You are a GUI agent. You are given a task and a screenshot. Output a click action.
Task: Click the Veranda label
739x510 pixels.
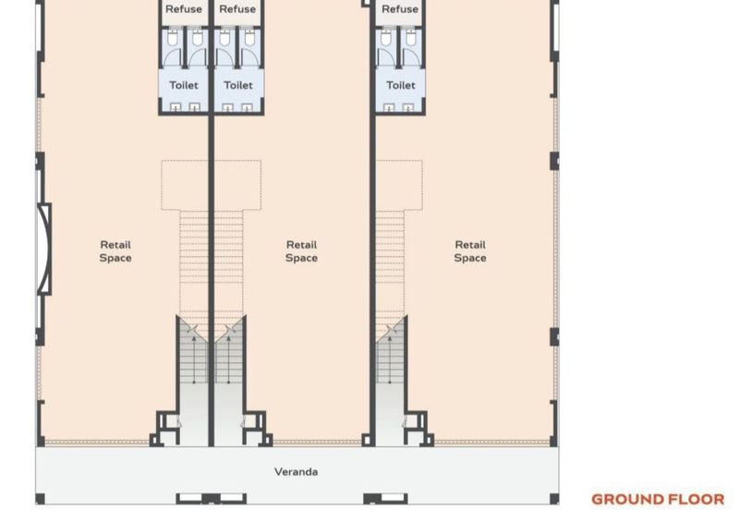296,472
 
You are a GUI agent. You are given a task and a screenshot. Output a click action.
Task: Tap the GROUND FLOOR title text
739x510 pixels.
658,499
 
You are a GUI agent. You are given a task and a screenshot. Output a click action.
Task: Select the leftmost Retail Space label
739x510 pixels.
115,251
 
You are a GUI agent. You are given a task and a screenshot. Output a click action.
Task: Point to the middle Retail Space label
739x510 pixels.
302,251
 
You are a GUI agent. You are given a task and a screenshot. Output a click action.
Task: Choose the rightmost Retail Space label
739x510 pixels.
470,251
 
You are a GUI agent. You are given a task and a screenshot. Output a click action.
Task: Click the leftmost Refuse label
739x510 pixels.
184,9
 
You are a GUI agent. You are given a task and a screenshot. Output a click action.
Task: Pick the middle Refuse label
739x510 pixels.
237,9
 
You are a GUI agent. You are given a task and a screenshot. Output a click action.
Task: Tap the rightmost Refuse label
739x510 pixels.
400,9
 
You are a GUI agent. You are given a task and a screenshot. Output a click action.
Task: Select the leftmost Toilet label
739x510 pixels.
184,85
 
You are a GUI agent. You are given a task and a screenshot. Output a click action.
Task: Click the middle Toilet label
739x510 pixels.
238,85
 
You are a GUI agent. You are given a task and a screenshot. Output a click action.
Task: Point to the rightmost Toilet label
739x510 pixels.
401,85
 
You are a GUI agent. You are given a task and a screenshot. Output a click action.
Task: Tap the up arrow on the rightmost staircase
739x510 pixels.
390,359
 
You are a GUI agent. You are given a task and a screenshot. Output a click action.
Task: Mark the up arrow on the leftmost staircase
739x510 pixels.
194,359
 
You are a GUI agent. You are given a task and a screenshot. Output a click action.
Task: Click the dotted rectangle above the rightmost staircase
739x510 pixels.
399,185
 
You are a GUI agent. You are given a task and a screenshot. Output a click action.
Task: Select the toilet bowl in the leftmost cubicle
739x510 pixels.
172,38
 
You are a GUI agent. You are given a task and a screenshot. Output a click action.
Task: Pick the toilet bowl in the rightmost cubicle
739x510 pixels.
411,38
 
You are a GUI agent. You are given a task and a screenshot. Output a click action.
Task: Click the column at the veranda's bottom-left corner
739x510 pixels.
41,499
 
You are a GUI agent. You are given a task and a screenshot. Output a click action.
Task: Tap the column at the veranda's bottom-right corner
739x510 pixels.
554,499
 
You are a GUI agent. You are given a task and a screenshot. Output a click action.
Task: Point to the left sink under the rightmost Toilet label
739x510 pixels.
388,107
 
